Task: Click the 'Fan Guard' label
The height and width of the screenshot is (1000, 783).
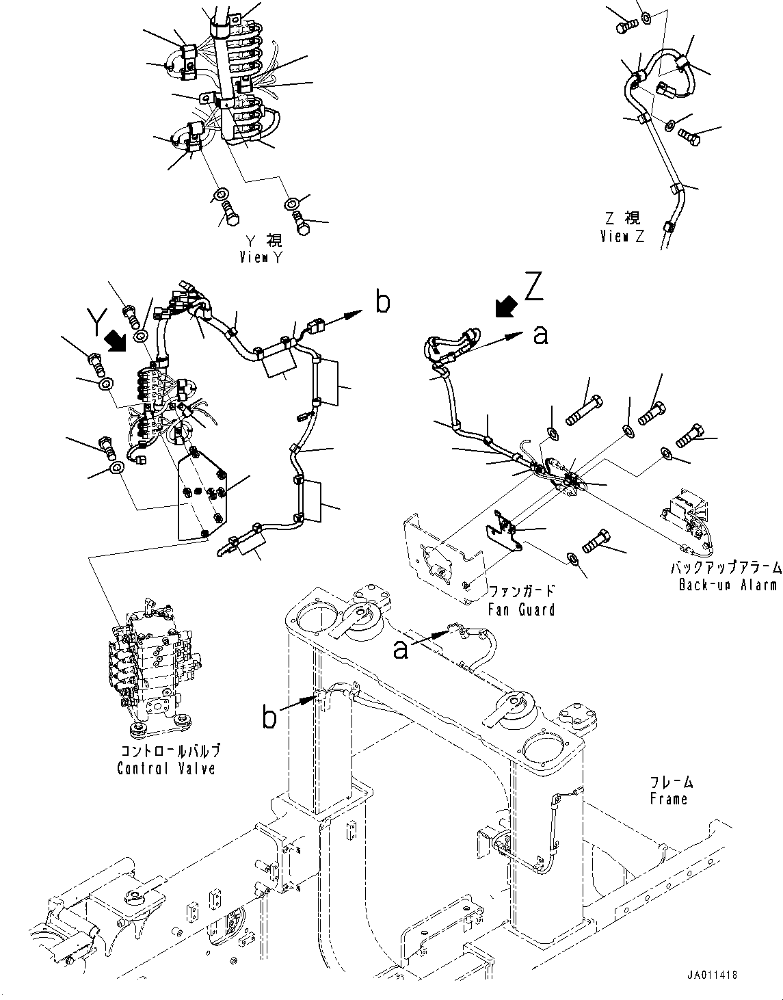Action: click(520, 608)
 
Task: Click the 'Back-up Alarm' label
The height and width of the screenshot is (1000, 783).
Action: click(728, 585)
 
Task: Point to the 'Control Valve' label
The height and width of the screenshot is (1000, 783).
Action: click(166, 768)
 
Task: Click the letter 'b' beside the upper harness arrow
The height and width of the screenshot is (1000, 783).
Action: click(383, 302)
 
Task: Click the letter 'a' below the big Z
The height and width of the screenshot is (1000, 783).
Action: click(540, 334)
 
